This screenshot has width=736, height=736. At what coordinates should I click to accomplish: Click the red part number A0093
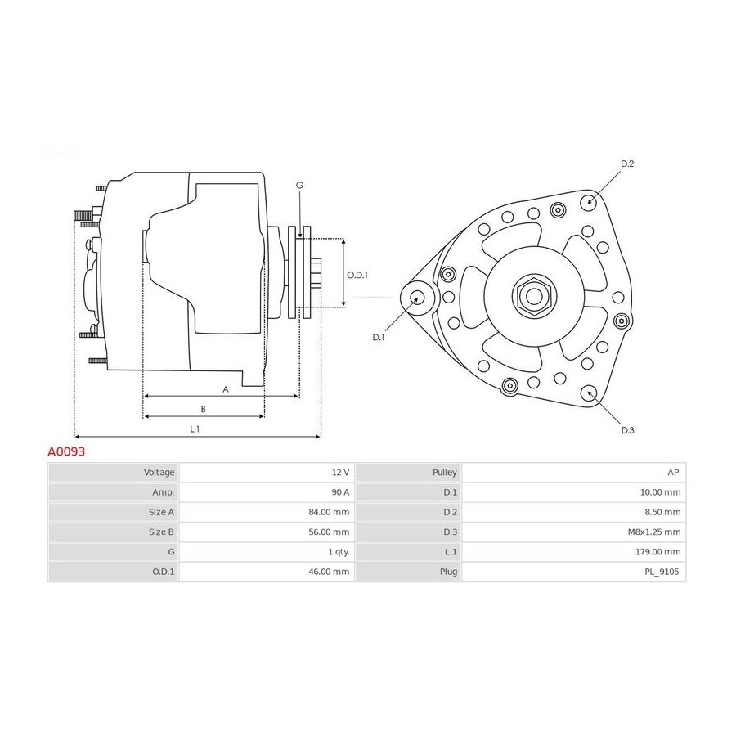coord(66,451)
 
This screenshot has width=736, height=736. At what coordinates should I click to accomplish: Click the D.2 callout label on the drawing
coord(627,164)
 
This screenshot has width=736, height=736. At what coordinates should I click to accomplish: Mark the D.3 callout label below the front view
coord(627,430)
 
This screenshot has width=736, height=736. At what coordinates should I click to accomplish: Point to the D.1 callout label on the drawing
coord(379,338)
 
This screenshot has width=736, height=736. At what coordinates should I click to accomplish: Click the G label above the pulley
coord(299,186)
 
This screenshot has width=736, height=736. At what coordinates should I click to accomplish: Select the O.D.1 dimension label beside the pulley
coord(357,275)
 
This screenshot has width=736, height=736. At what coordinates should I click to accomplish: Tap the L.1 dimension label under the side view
coord(195,429)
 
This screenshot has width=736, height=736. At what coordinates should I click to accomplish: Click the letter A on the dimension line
coord(226,389)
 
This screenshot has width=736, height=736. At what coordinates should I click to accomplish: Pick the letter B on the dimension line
coord(204,410)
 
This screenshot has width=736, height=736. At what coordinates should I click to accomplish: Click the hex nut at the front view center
coord(534,297)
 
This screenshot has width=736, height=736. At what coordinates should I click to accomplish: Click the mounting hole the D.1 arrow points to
coord(417,298)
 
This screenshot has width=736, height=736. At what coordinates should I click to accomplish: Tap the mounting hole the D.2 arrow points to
coord(589,203)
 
